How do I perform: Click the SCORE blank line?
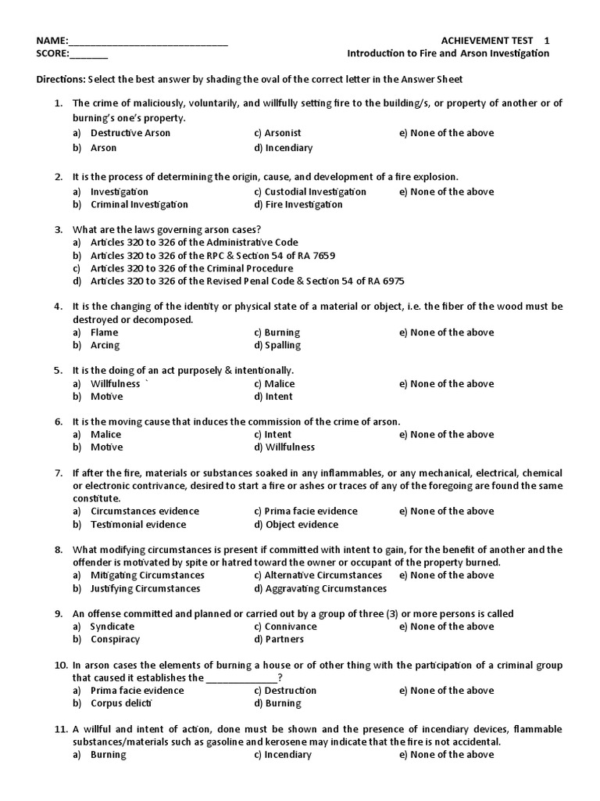pos(89,54)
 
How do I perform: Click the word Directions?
pos(61,80)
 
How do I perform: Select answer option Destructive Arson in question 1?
pos(130,133)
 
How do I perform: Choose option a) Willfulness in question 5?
pos(115,384)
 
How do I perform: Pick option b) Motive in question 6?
pos(106,447)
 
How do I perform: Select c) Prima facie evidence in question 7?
pos(305,512)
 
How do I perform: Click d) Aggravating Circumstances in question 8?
pos(320,588)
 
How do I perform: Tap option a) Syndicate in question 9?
pos(112,627)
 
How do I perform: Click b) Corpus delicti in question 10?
pos(120,703)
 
